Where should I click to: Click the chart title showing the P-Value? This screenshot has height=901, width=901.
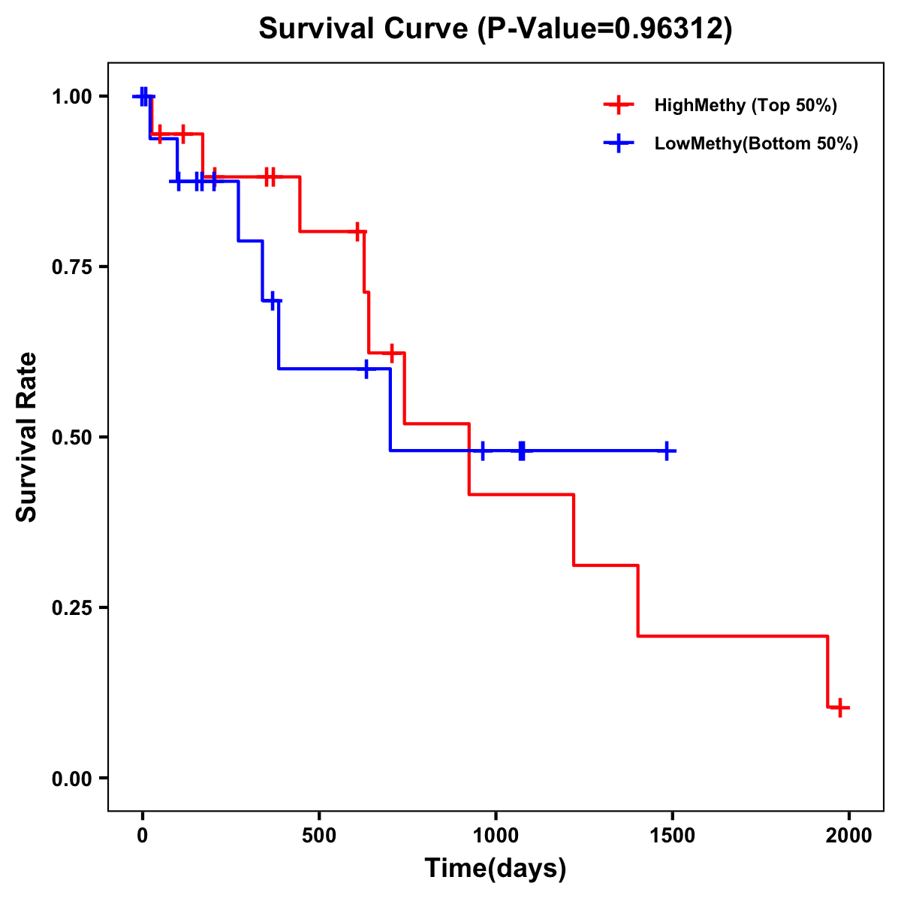coord(495,29)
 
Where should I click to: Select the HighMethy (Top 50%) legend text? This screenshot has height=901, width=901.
coord(746,105)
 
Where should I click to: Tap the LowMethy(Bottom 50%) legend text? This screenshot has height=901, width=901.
coord(756,143)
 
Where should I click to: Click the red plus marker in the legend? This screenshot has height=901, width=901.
coord(619,105)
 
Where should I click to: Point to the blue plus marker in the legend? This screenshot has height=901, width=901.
coord(619,143)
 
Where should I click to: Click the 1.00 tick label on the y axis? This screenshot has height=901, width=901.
coord(71,97)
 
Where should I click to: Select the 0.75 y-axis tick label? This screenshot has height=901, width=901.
coord(71,267)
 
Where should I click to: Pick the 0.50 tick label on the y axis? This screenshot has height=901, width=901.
coord(71,438)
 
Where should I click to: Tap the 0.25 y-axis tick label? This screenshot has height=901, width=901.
coord(71,608)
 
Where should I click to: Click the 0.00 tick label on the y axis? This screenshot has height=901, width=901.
coord(71,779)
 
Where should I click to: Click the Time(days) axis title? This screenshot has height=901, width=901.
coord(496,869)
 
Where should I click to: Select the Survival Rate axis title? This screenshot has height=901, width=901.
coord(27,437)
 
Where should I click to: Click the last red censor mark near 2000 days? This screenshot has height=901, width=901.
coord(840,707)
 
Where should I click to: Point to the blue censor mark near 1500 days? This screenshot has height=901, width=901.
coord(666,450)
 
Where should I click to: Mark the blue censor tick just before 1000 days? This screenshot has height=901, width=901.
coord(482,450)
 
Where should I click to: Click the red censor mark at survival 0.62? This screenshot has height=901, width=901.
coord(391,352)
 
